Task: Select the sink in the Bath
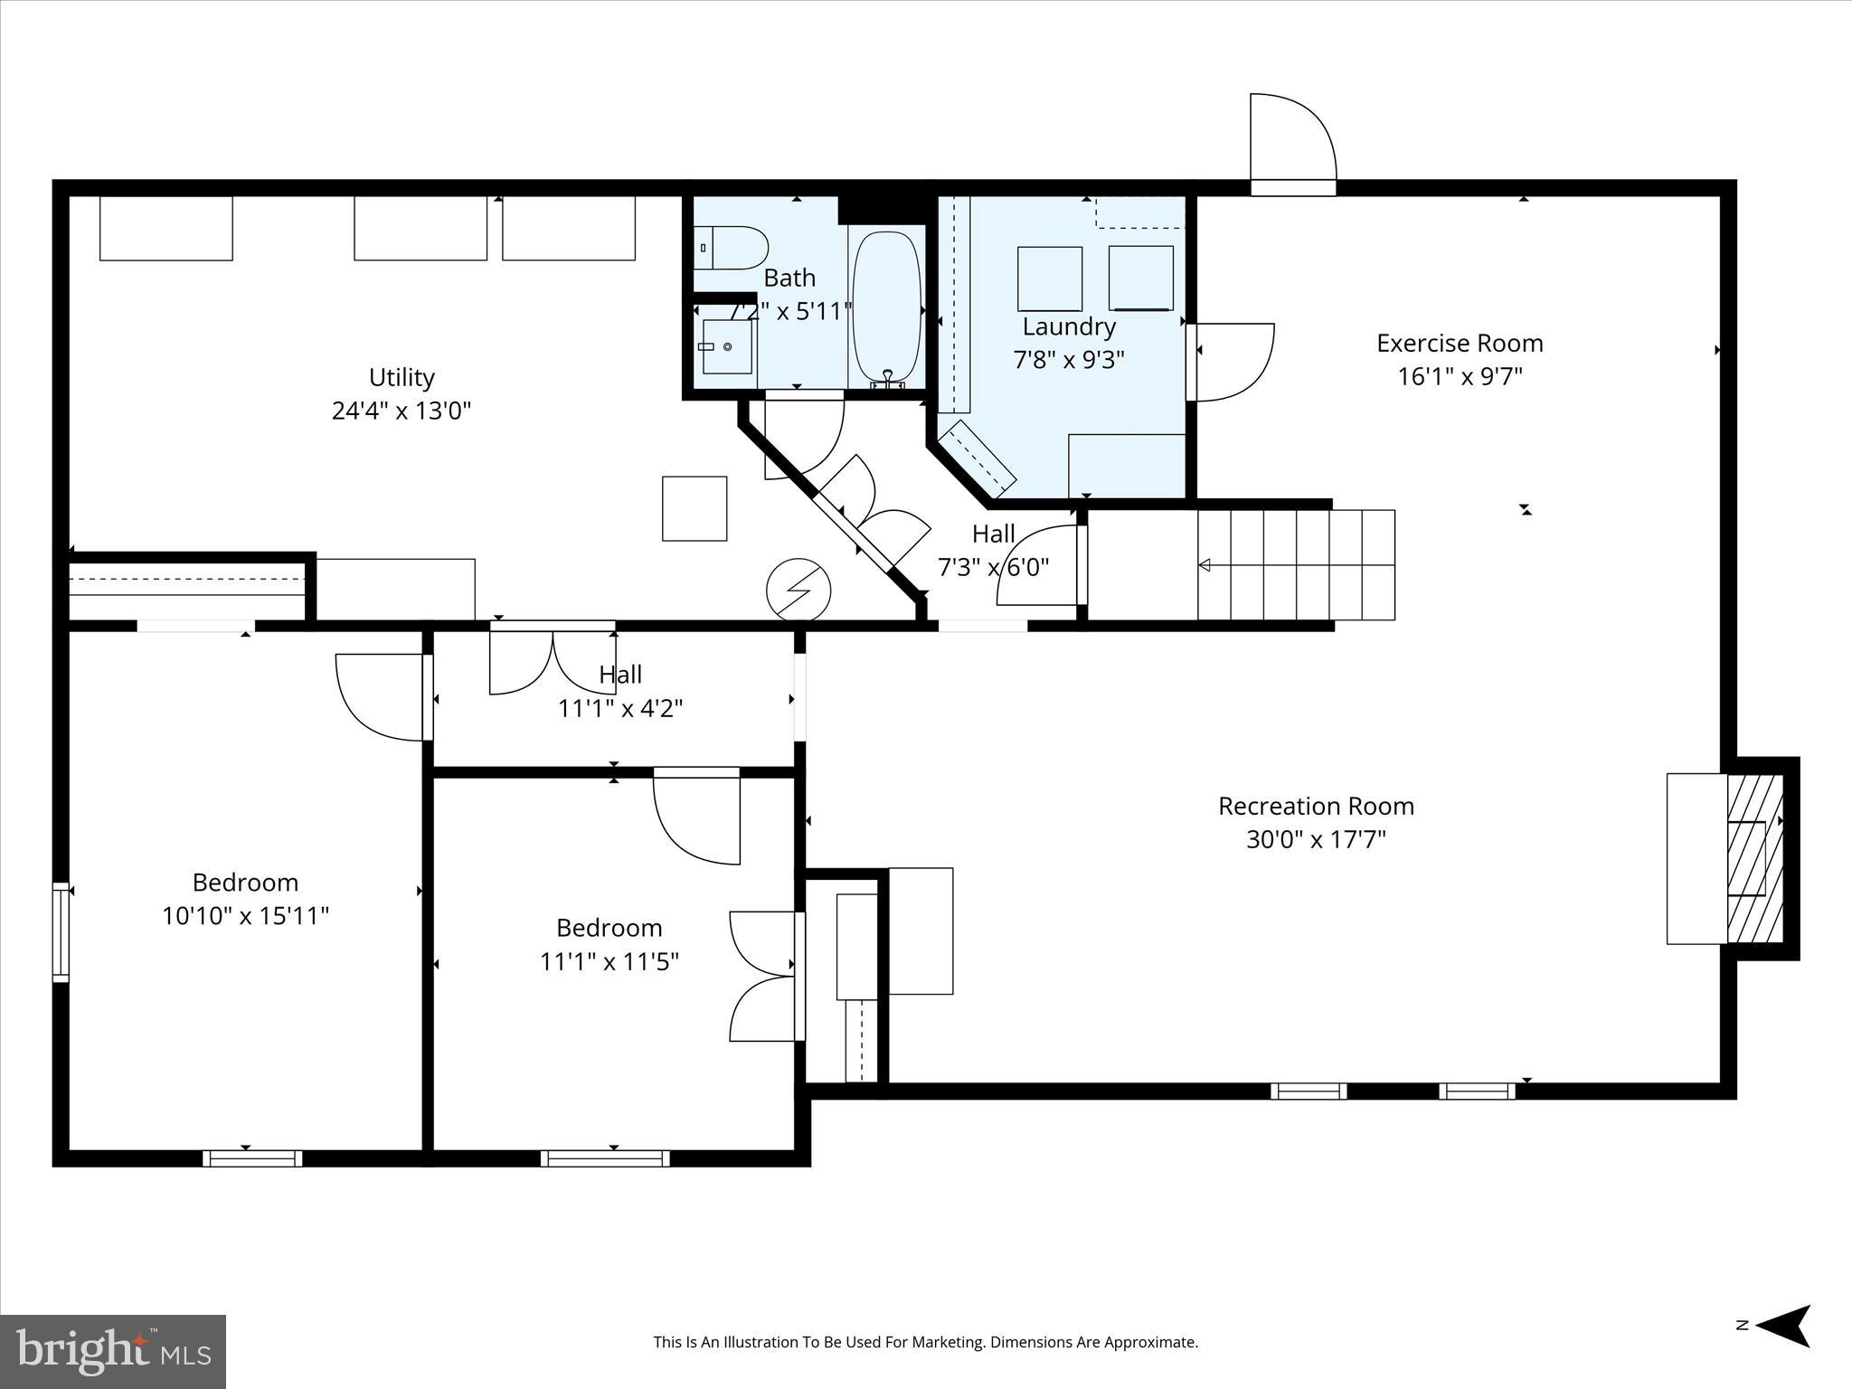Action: tap(726, 346)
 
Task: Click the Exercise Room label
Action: tap(1460, 344)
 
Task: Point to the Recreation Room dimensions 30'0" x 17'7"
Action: tap(1316, 840)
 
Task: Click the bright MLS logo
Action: tap(113, 1351)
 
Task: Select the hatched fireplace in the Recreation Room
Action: tap(1754, 858)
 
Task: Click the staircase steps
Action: tap(1296, 565)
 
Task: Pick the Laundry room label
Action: tap(1069, 326)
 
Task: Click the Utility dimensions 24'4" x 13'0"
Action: tap(402, 411)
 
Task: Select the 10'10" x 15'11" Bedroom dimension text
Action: tap(245, 917)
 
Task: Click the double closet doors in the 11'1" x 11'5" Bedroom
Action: tap(764, 976)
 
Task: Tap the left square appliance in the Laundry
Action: tap(1049, 279)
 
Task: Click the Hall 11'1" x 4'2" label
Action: tap(620, 692)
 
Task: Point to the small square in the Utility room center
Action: tap(694, 508)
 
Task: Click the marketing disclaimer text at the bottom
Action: tap(925, 1342)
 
